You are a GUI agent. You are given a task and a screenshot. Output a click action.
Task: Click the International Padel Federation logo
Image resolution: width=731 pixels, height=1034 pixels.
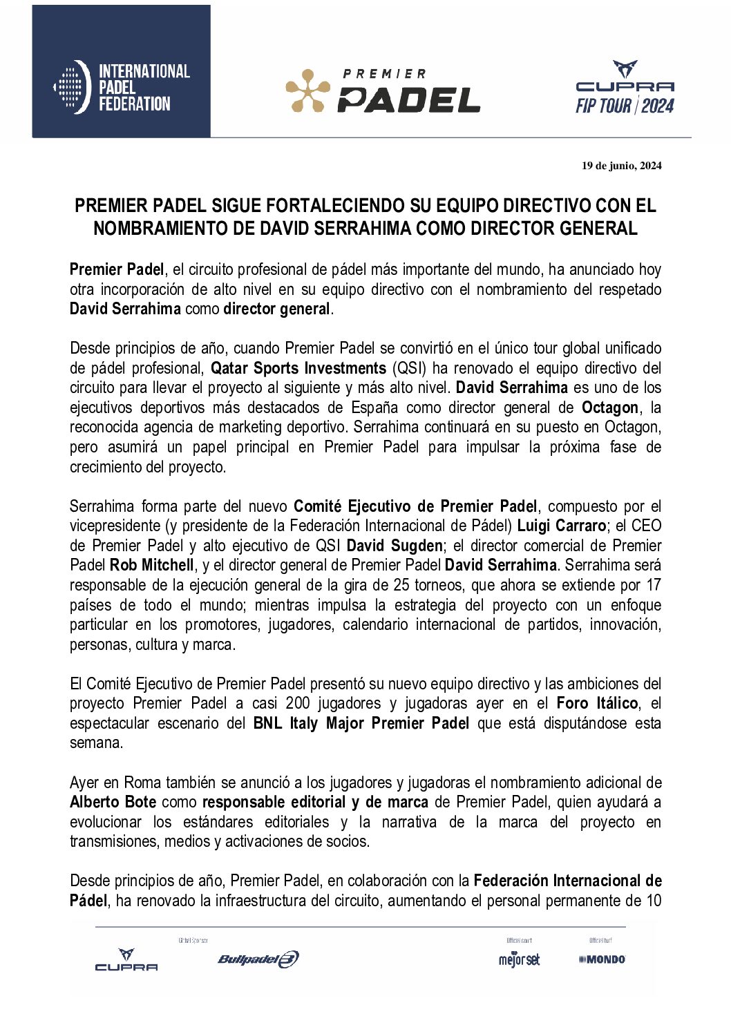click(x=122, y=87)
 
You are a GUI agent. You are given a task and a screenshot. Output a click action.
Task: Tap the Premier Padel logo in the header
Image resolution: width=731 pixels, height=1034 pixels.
click(x=383, y=90)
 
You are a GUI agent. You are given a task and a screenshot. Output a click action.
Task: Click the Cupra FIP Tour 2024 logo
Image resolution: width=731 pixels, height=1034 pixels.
click(x=625, y=88)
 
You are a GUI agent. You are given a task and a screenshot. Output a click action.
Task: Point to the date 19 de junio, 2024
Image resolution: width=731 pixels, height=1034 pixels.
click(x=621, y=166)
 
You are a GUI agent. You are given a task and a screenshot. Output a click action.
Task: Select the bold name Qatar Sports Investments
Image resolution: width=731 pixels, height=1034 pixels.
click(x=298, y=368)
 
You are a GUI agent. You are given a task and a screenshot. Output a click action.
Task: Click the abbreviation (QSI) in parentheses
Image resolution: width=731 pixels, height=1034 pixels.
click(x=409, y=368)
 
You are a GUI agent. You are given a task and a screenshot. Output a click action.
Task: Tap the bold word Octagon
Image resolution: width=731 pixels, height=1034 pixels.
click(x=610, y=408)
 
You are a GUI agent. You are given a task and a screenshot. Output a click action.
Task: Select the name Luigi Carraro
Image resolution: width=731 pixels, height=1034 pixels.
click(x=562, y=526)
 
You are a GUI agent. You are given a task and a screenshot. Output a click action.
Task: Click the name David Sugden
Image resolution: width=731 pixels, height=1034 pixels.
click(x=394, y=546)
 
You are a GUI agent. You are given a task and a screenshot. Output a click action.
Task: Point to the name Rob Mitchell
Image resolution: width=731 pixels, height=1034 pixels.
click(x=151, y=566)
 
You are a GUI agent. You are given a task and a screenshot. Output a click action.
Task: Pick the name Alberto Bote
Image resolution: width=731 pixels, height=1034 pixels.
click(x=113, y=803)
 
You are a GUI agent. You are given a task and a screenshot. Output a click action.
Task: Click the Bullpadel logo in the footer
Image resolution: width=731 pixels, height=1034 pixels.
click(x=258, y=959)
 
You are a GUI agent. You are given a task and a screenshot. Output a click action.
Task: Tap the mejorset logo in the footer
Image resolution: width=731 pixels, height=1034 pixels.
click(x=519, y=959)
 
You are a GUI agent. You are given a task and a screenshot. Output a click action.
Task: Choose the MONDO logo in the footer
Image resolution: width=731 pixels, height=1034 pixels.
click(x=602, y=959)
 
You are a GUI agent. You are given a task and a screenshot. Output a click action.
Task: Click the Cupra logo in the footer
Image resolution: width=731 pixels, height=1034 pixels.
click(x=126, y=960)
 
